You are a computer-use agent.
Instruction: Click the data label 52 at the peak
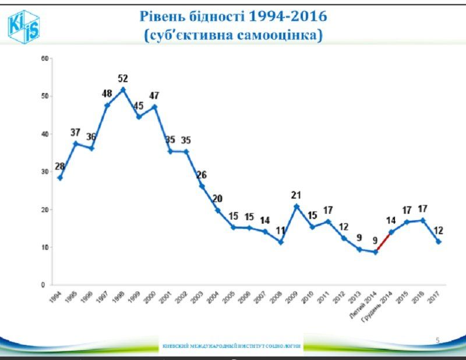(x=122, y=79)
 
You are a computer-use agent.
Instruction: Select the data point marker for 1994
(x=59, y=178)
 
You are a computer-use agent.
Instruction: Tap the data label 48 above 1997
(x=107, y=93)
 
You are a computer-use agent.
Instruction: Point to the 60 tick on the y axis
(x=44, y=58)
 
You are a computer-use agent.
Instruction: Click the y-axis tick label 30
(x=44, y=172)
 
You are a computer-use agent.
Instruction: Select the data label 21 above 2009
(x=296, y=195)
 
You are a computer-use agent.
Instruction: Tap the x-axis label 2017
(x=435, y=296)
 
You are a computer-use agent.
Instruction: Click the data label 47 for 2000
(x=154, y=96)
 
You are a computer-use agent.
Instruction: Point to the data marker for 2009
(x=296, y=206)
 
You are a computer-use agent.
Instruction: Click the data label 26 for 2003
(x=201, y=175)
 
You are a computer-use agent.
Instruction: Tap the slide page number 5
(x=437, y=339)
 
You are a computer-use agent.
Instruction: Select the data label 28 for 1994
(x=59, y=167)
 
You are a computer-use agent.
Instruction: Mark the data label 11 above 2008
(x=281, y=230)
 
